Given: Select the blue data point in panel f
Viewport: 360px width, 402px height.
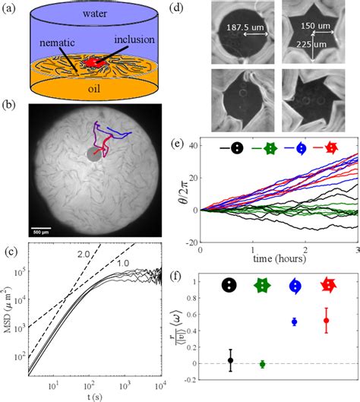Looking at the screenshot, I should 295,322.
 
